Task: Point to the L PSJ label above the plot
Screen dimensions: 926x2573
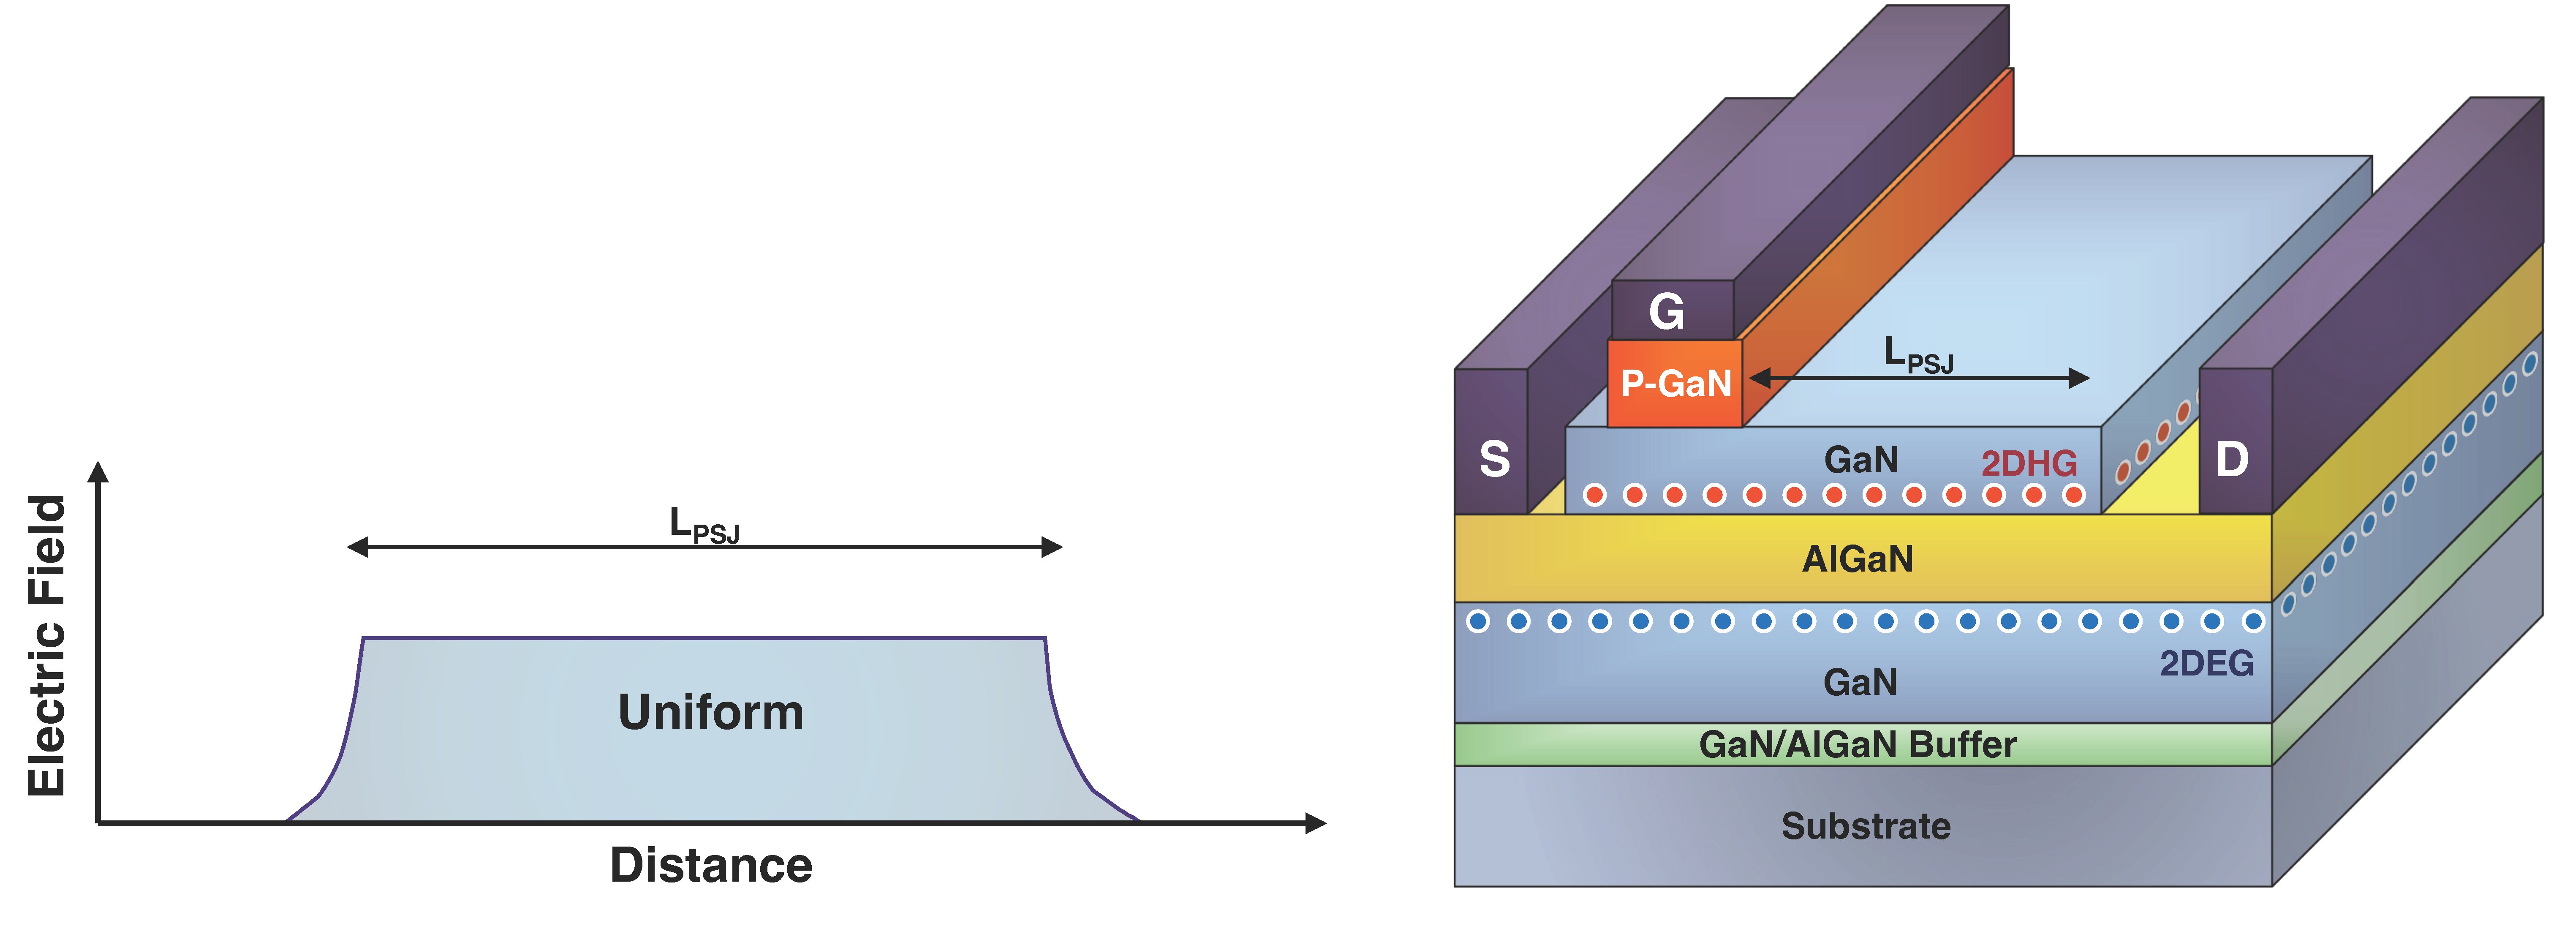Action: click(703, 524)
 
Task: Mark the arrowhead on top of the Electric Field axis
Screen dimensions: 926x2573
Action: click(98, 471)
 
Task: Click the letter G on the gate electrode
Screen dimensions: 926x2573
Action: click(1666, 312)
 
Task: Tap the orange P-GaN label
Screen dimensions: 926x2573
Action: click(1675, 384)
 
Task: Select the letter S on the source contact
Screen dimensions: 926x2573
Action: click(1493, 460)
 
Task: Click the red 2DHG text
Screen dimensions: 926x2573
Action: click(2029, 463)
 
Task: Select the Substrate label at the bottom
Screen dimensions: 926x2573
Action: click(1865, 826)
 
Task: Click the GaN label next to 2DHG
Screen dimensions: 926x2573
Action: click(1860, 460)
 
